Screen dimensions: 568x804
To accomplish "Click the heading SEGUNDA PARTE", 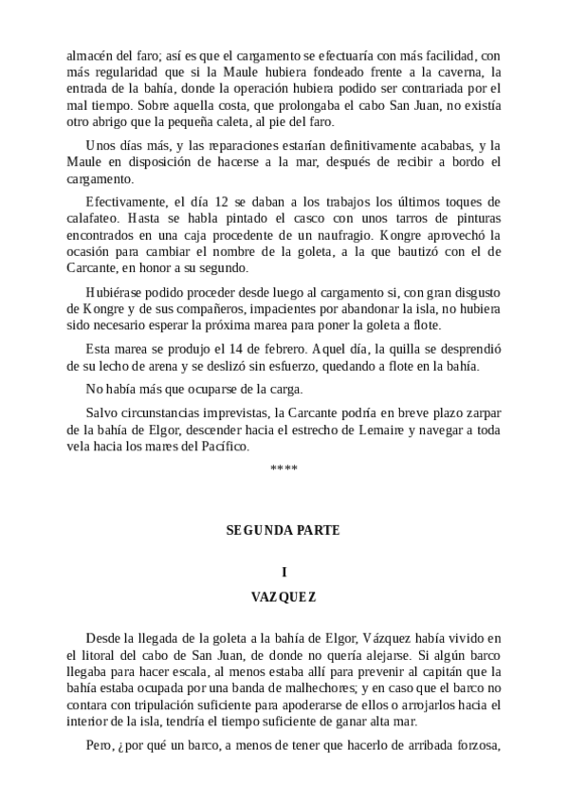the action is [284, 530].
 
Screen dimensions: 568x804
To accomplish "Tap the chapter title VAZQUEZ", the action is [284, 597].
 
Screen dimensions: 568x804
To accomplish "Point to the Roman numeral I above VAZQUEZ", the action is [284, 572].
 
